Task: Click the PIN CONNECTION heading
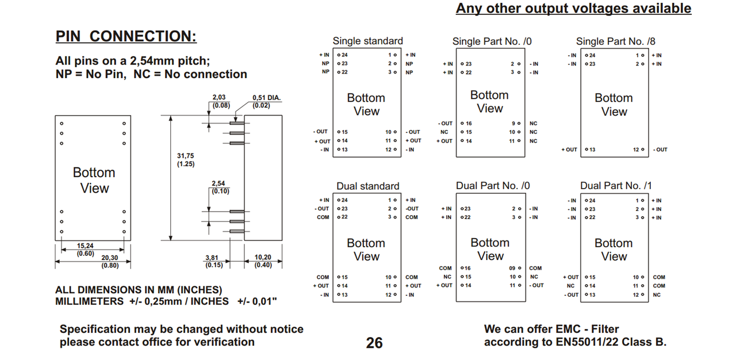pyautogui.click(x=126, y=36)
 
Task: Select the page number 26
pyautogui.click(x=374, y=343)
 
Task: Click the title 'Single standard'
pyautogui.click(x=368, y=41)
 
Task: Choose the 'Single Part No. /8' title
pyautogui.click(x=615, y=41)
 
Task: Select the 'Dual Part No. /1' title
pyautogui.click(x=616, y=186)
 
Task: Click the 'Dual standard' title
pyautogui.click(x=368, y=186)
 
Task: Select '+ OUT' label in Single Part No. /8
pyautogui.click(x=569, y=150)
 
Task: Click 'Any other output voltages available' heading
pyautogui.click(x=573, y=9)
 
